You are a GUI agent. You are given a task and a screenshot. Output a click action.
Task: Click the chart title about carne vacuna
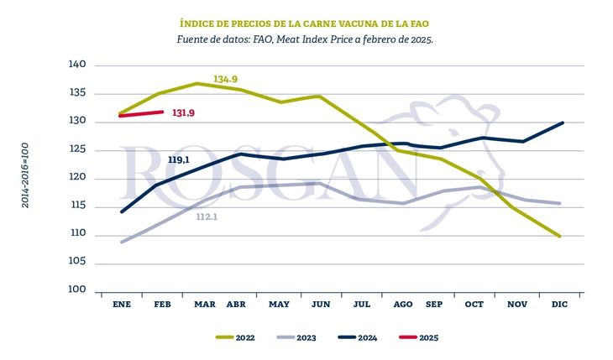306,23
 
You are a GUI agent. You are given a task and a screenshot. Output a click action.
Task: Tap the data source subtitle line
306,39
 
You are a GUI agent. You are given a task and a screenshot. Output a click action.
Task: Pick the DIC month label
560,303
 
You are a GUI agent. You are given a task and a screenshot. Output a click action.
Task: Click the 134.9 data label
226,80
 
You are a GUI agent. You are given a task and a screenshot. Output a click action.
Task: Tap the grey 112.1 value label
207,217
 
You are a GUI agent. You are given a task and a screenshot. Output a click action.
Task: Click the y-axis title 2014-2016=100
26,175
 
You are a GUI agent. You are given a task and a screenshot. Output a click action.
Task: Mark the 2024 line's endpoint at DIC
561,123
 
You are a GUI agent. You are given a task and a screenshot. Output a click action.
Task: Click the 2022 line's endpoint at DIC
561,237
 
